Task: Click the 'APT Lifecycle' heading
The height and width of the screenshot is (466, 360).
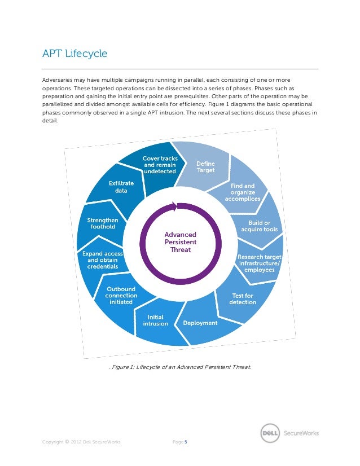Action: coord(75,54)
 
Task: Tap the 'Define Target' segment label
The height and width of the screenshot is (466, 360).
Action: coord(205,167)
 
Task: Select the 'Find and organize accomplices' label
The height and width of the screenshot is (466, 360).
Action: coord(243,192)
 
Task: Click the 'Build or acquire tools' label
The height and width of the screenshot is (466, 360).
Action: coord(259,226)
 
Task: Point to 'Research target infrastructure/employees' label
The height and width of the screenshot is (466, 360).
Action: coord(259,263)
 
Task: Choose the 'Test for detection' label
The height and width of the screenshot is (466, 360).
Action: coord(243,299)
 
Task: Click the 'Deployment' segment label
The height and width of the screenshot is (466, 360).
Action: coord(200,323)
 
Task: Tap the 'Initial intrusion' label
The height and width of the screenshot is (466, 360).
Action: coord(155,320)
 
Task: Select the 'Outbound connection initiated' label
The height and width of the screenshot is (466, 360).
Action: coord(121,296)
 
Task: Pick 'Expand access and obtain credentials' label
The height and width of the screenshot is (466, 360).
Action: coord(102,260)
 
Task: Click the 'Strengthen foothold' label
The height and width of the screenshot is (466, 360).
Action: coord(103,223)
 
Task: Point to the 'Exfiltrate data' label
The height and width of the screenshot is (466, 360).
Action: coord(121,187)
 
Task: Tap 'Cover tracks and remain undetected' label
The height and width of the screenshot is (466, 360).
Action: coord(160,164)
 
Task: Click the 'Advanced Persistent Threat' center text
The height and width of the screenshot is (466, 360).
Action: coord(180,241)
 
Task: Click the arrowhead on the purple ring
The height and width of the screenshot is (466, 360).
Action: coord(179,206)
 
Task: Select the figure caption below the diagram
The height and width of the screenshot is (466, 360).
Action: coord(180,368)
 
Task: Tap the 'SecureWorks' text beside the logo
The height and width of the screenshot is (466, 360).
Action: coord(300,433)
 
